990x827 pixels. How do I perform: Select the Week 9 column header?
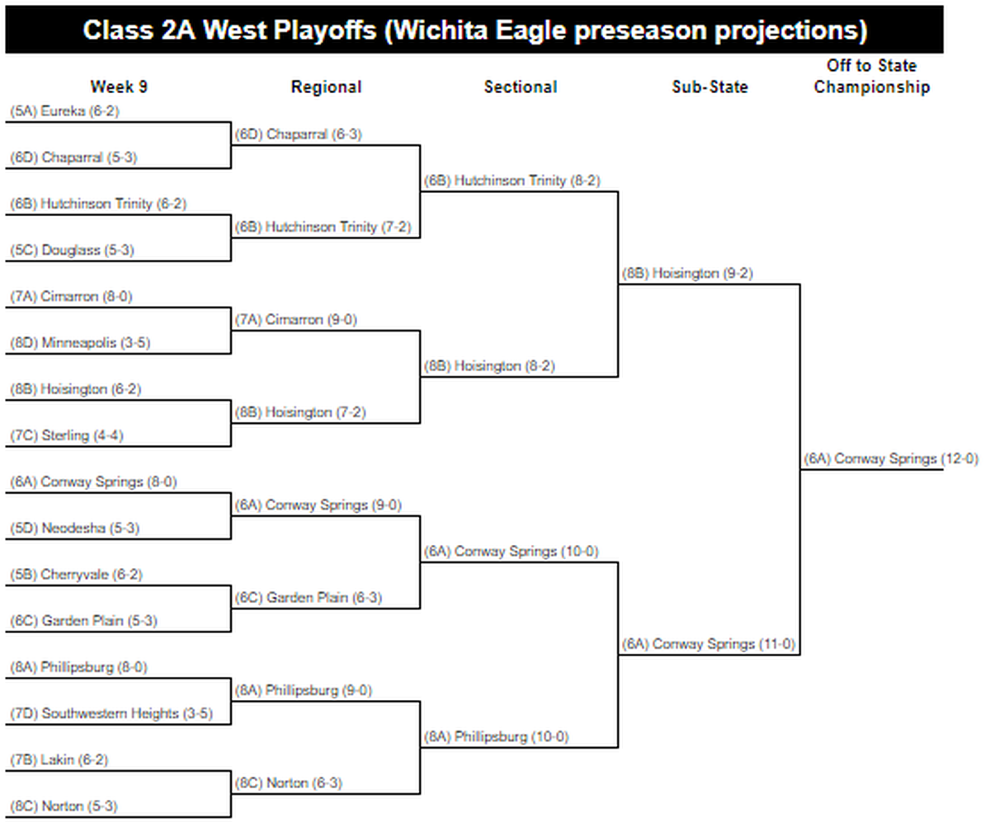pos(119,87)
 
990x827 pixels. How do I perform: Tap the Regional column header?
pos(326,87)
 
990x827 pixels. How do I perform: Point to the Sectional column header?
pos(521,87)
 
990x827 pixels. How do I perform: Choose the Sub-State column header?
pos(709,87)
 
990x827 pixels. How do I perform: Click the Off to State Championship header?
pos(872,76)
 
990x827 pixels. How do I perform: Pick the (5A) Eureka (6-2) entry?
pos(64,110)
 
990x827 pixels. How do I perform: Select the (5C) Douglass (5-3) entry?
pos(72,250)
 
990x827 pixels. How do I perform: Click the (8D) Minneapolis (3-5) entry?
pos(80,343)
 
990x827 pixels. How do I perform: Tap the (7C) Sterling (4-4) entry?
pos(67,435)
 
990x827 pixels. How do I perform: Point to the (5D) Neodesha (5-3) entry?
pos(75,528)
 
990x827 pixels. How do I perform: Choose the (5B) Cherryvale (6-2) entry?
pos(77,575)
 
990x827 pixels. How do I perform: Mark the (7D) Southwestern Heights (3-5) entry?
pos(111,713)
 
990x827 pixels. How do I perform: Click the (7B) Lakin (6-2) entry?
pos(59,759)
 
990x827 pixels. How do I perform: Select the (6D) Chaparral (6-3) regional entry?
pos(298,134)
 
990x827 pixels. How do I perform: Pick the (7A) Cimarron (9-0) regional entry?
pos(296,319)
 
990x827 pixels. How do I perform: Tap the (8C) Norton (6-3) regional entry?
pos(288,783)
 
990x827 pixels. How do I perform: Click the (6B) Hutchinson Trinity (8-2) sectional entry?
pos(512,181)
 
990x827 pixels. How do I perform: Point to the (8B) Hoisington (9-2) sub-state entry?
pos(687,273)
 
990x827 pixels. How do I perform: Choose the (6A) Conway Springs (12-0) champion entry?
pos(891,458)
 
